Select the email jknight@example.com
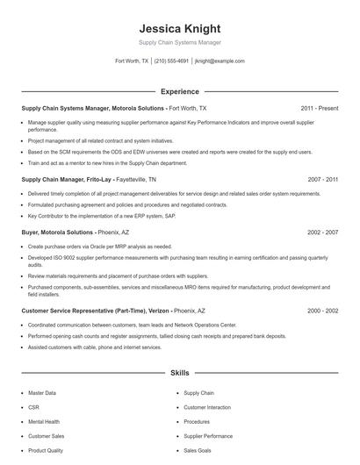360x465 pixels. point(220,61)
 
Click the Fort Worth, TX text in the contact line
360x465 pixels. point(132,61)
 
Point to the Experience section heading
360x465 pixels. point(179,91)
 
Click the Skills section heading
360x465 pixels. point(179,373)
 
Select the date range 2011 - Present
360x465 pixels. point(319,109)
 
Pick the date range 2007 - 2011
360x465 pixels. point(322,178)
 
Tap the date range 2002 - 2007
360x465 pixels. point(322,232)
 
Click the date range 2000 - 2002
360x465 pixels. point(322,311)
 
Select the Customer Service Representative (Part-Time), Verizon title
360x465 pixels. point(94,311)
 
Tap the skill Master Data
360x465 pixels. point(42,394)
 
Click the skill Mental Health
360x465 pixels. point(44,422)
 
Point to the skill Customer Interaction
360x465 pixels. point(207,408)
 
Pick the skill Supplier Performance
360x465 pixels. point(208,436)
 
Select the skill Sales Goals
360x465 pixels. point(198,450)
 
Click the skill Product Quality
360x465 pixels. point(46,450)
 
